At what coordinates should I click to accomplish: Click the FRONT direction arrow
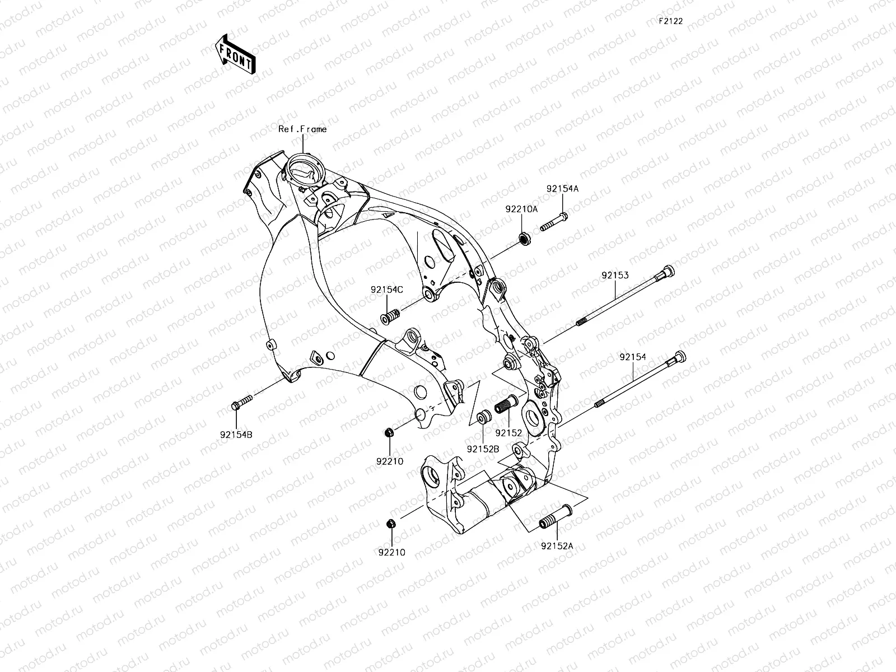235,54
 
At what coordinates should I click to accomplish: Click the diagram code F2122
670,21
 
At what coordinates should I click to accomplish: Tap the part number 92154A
562,189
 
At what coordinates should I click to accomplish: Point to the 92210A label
521,209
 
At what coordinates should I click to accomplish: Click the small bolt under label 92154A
554,222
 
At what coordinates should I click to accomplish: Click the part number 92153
615,276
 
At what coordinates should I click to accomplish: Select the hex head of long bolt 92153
668,272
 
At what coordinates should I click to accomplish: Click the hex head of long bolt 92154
679,357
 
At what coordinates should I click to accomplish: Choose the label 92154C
386,290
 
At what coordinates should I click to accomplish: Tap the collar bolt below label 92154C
389,316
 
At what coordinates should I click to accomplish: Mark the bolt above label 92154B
241,402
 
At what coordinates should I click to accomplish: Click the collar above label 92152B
483,418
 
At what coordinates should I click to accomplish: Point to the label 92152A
557,545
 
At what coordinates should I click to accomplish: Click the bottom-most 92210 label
391,552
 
